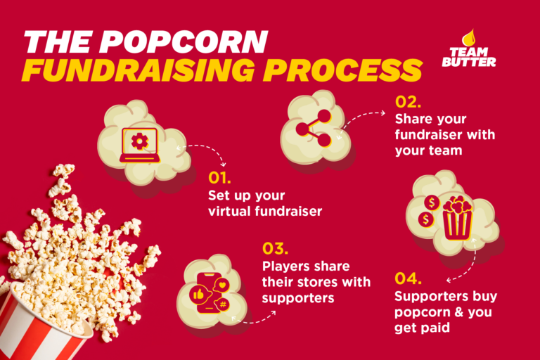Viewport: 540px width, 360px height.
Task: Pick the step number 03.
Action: (274, 249)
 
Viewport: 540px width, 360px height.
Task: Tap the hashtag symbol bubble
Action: (224, 304)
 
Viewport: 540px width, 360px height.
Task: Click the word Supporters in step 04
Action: (425, 296)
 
